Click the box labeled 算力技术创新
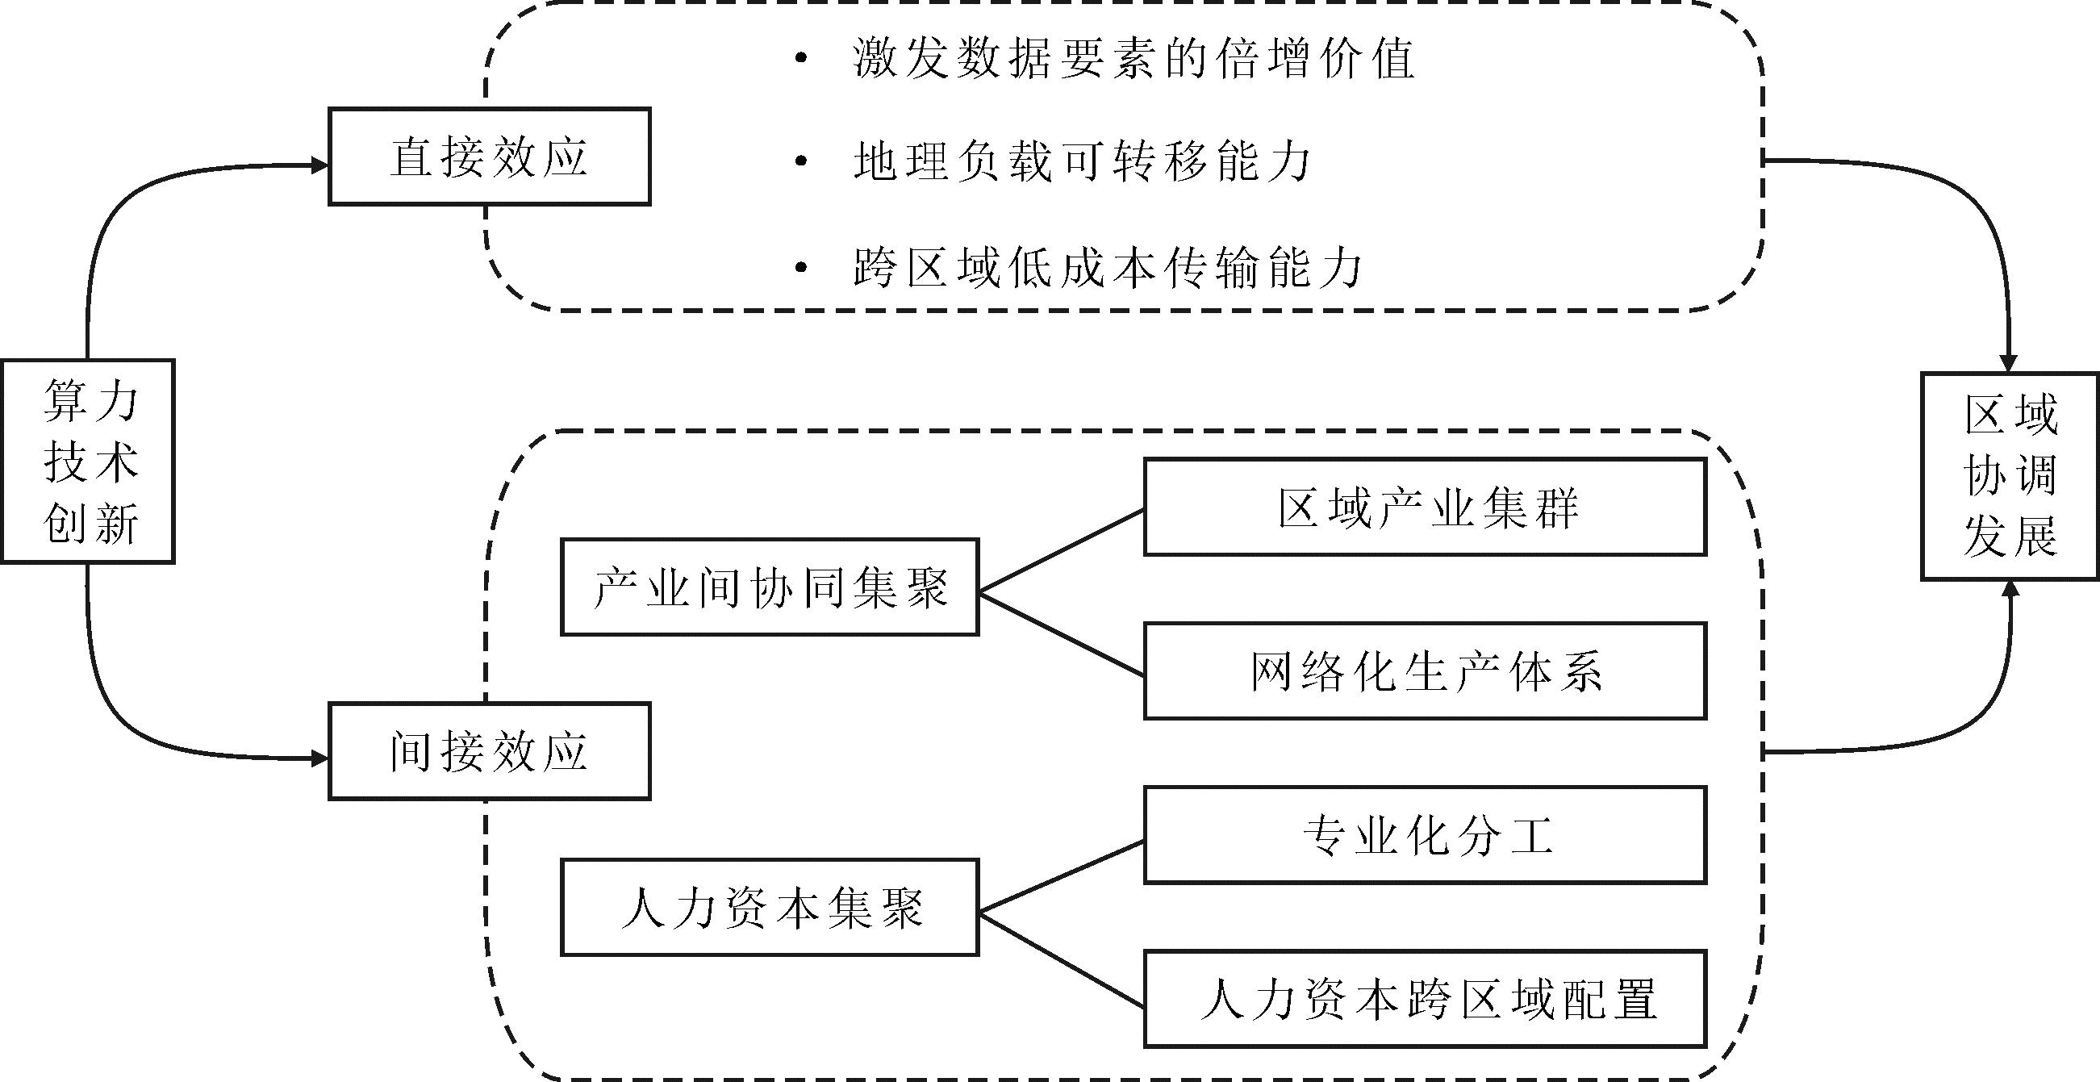point(88,462)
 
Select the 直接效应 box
point(489,157)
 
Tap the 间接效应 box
point(489,751)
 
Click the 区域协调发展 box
point(2010,476)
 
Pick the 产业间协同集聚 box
point(770,587)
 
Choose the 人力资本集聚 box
point(770,907)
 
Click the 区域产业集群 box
point(1425,508)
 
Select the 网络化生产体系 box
point(1425,671)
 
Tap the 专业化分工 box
point(1425,835)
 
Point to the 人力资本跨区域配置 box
point(1425,999)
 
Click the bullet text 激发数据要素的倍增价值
point(1134,59)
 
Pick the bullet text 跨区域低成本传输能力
point(1108,266)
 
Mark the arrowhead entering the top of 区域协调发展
point(2010,363)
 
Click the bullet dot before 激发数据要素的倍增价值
point(801,59)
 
